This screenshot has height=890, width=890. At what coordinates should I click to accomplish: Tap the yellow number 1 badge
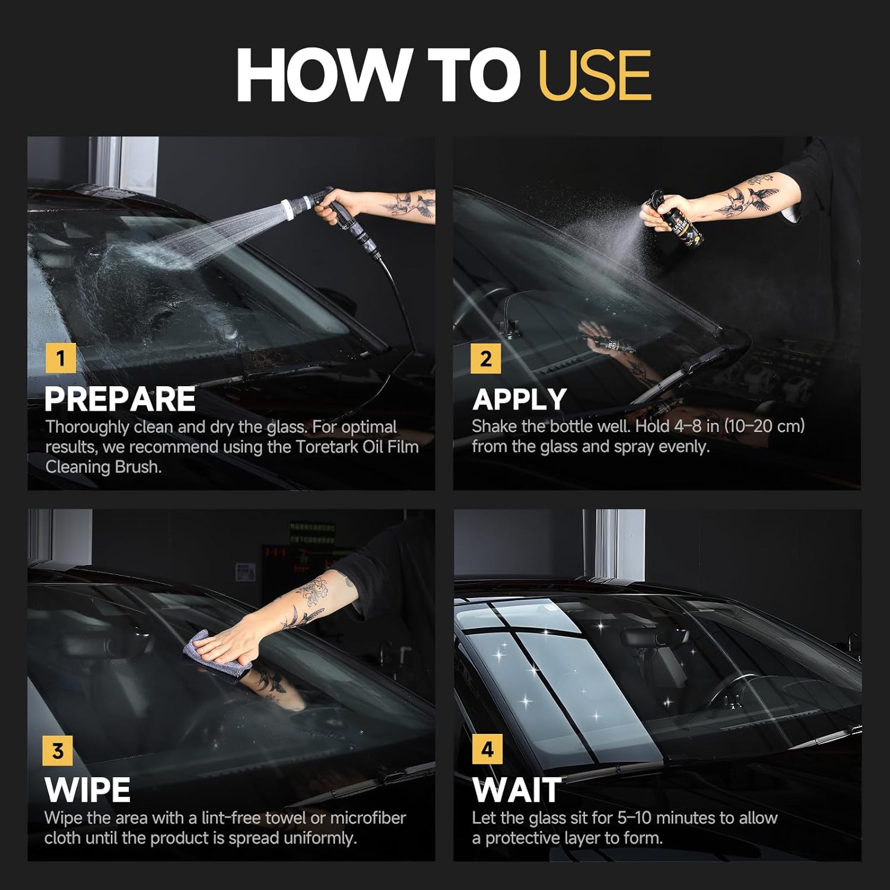[x=61, y=358]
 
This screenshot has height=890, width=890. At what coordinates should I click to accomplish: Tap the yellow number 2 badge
[x=486, y=358]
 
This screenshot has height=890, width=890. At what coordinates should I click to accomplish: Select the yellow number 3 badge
[x=58, y=751]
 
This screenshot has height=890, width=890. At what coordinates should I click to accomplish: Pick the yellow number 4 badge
[x=487, y=749]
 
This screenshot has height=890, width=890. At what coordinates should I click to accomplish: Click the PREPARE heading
[x=120, y=399]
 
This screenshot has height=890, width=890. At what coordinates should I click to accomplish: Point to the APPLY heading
[x=520, y=399]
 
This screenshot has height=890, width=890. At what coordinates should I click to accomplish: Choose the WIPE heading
[x=87, y=790]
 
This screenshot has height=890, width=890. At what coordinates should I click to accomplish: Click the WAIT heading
[x=517, y=790]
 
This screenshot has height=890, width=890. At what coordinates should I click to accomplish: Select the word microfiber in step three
[x=368, y=818]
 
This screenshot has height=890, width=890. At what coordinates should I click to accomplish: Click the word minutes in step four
[x=683, y=818]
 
